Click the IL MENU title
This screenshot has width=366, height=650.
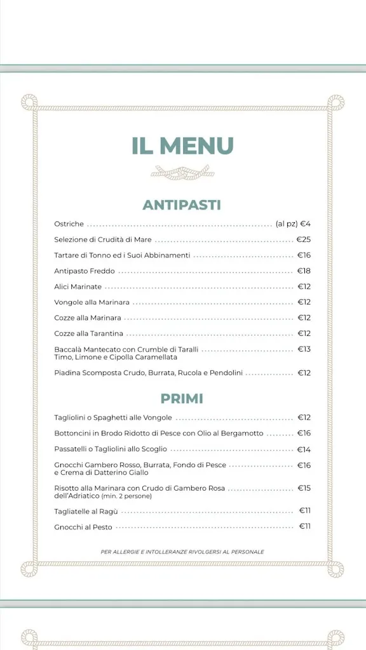pos(182,145)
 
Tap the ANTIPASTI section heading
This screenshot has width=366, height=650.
pos(182,205)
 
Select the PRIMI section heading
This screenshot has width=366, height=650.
pos(182,399)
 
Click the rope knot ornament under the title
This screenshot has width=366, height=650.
pos(182,172)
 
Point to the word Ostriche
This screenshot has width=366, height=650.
pos(69,224)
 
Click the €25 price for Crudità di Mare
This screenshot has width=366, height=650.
pos(304,240)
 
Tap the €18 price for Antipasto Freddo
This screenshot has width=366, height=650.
pos(304,271)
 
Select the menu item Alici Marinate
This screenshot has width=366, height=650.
pos(78,287)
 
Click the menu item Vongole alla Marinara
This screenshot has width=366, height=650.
pos(91,302)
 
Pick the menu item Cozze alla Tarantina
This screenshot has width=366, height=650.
pos(88,333)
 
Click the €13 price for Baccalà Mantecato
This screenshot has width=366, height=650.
pos(304,349)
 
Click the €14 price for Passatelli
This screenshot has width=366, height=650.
pos(304,449)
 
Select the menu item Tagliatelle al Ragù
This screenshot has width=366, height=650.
pos(86,511)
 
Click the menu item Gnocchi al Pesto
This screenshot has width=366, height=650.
pos(83,527)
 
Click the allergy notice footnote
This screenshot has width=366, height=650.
pos(182,552)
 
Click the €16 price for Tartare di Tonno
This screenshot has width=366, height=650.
pos(304,255)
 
